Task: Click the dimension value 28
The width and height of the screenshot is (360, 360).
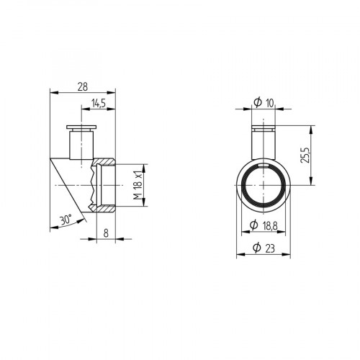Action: (x=83, y=86)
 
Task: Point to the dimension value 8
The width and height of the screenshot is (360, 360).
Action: (x=106, y=233)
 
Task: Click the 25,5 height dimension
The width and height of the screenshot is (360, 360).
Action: (x=305, y=154)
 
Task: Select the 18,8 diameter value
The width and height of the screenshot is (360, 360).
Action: (x=269, y=226)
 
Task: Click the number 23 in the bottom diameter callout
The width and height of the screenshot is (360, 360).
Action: (x=270, y=249)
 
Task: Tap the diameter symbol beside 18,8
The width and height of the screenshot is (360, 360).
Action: (x=253, y=226)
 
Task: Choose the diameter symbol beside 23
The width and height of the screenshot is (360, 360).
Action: (x=258, y=249)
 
